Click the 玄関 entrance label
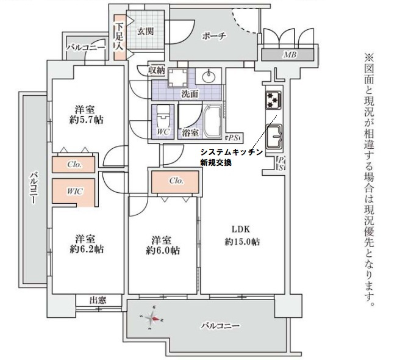(145, 31)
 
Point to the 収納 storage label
(157, 71)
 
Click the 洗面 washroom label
(190, 95)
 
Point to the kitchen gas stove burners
(271, 99)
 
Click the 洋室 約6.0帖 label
(162, 245)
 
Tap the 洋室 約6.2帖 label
(85, 243)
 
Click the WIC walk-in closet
(75, 191)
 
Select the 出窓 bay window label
(98, 300)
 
